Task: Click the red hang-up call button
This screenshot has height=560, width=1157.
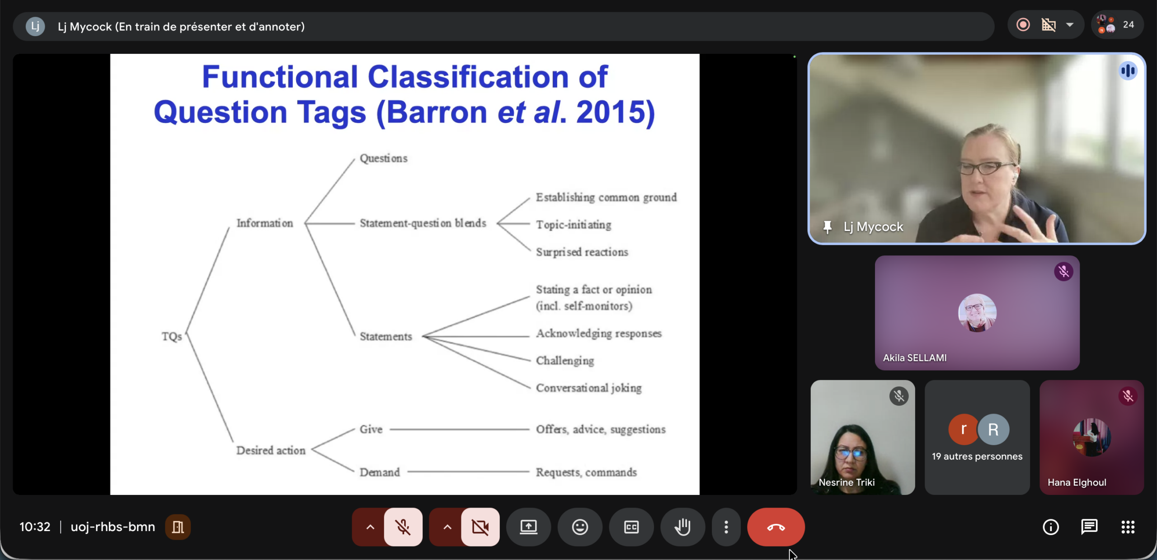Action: (776, 527)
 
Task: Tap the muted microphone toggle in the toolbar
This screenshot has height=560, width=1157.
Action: (403, 527)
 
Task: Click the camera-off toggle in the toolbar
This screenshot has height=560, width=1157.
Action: (480, 527)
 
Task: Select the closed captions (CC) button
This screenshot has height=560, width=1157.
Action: (631, 527)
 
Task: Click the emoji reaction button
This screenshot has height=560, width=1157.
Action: (580, 527)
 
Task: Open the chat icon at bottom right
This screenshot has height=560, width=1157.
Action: (1089, 527)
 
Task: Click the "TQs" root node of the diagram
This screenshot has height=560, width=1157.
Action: (172, 337)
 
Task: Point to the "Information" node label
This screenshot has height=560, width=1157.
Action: (265, 223)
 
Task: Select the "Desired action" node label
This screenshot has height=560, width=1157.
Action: (271, 451)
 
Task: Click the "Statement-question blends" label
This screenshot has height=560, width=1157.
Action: (423, 223)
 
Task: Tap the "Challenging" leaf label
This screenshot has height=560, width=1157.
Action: (565, 361)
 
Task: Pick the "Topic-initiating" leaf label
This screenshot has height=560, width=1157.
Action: (574, 225)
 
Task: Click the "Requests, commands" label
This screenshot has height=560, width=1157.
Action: (586, 472)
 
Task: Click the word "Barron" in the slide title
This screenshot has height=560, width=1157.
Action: (437, 112)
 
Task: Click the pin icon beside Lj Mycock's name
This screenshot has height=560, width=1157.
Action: (828, 227)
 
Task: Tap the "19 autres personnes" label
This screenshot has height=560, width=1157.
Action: (977, 456)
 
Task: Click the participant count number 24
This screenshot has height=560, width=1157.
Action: (1128, 25)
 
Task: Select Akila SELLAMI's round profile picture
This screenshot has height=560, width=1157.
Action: (977, 313)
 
